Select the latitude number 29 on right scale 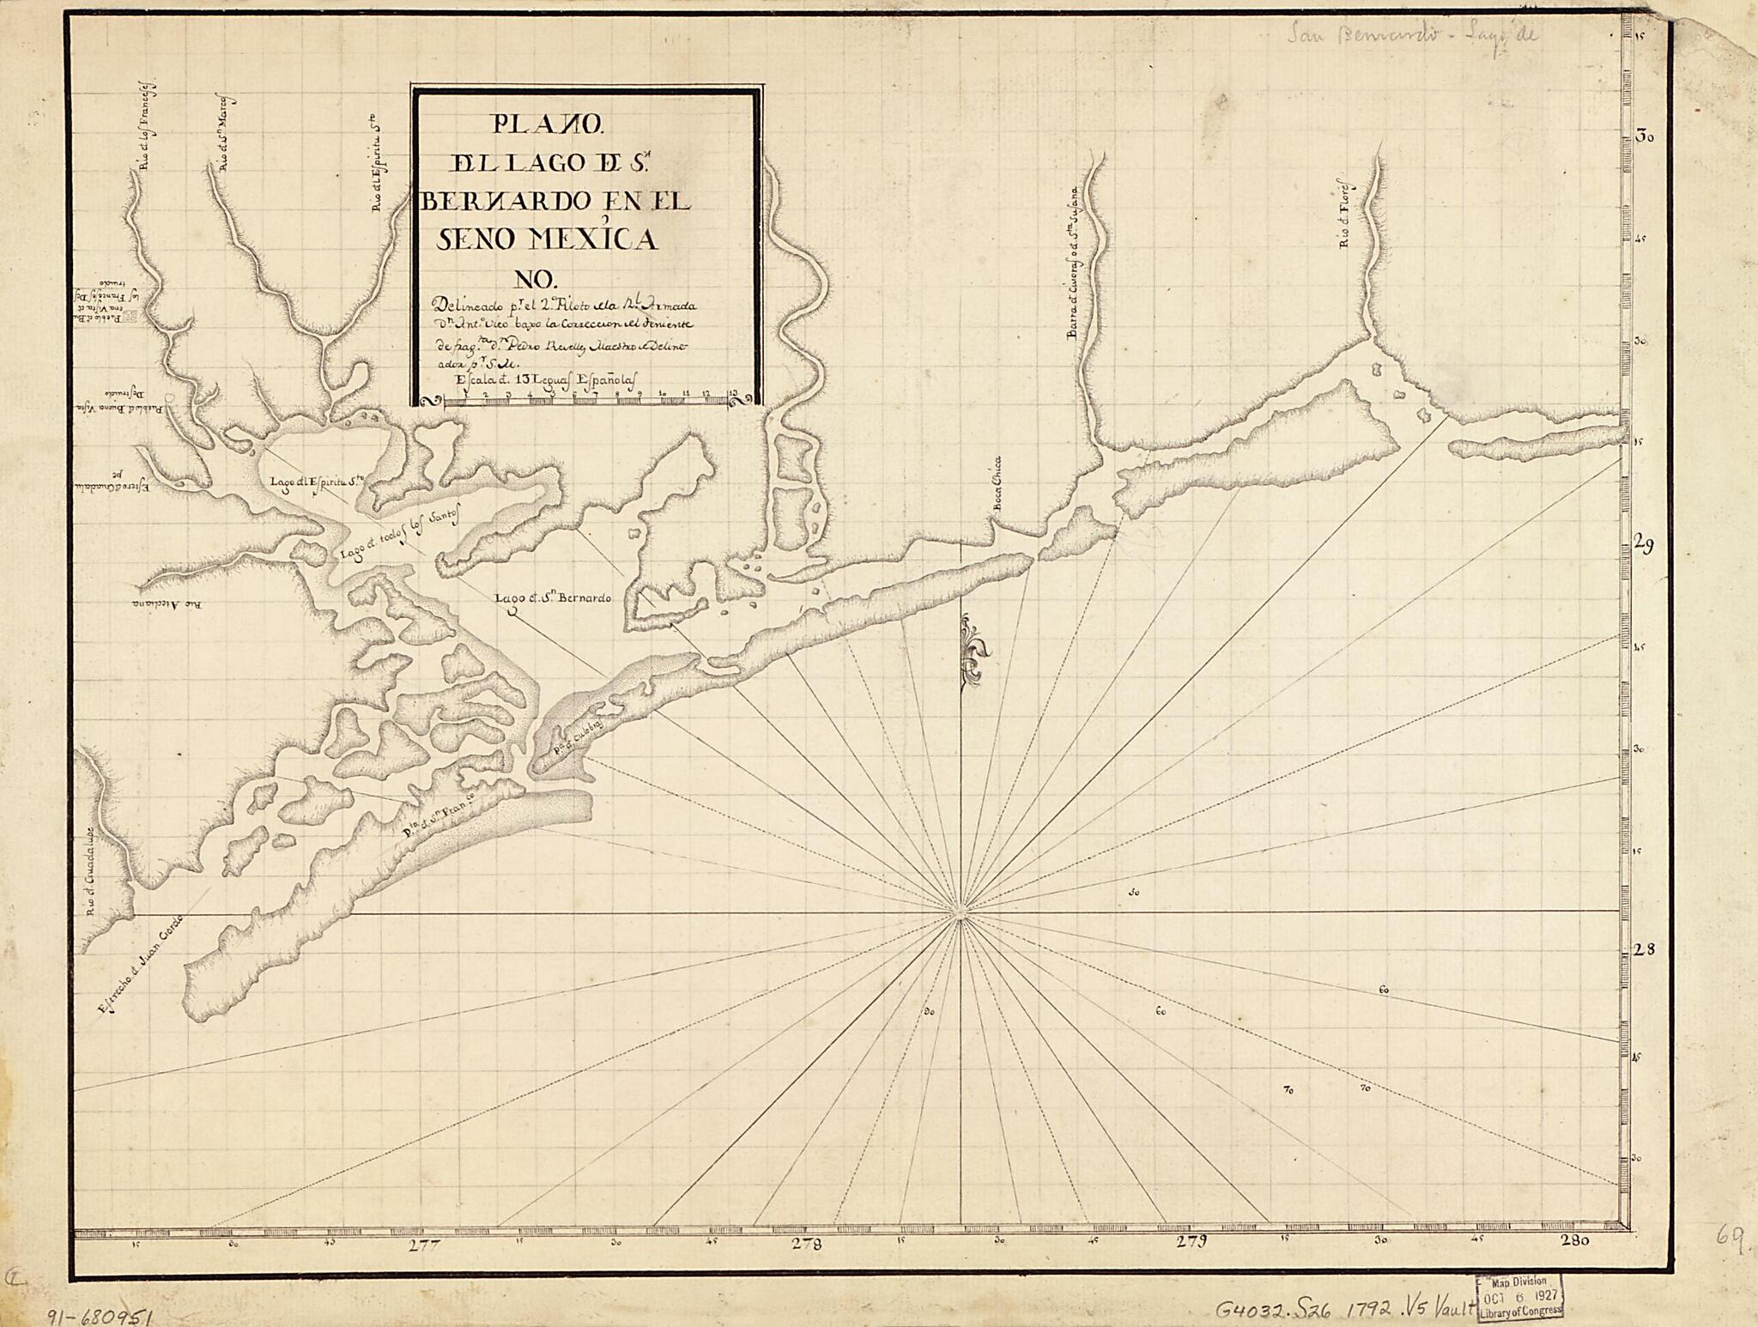[1645, 547]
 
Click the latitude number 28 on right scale [1644, 950]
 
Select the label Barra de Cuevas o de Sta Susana [1073, 266]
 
